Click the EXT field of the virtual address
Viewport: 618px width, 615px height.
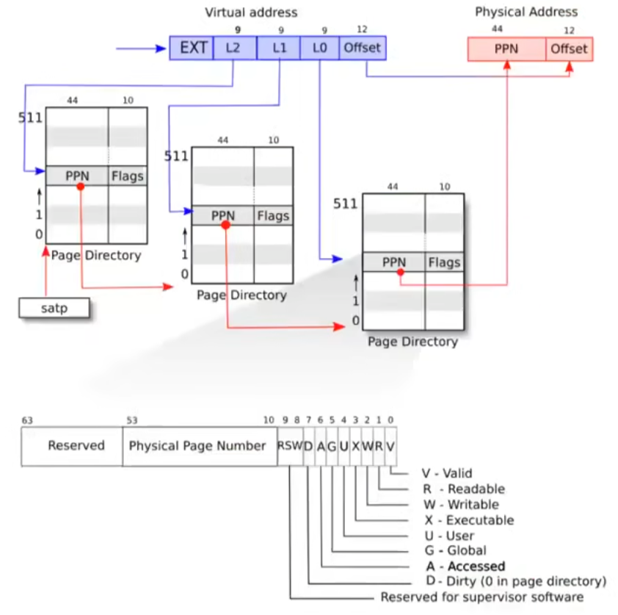click(x=192, y=48)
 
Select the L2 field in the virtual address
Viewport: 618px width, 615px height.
click(x=235, y=48)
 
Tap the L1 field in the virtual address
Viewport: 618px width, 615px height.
click(x=278, y=48)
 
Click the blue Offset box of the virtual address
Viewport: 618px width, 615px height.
click(x=363, y=48)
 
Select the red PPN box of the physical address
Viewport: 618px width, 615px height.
click(x=506, y=49)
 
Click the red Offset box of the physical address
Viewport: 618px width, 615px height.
click(x=569, y=49)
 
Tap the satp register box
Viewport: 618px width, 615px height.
click(x=54, y=308)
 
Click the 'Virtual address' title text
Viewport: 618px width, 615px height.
click(x=251, y=12)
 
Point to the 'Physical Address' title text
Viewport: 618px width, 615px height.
click(x=526, y=12)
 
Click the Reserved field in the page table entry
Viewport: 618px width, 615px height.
click(x=76, y=446)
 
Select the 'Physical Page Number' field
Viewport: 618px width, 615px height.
click(x=197, y=446)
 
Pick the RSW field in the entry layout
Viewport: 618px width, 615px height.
click(x=289, y=446)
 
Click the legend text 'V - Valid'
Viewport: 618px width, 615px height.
click(x=447, y=474)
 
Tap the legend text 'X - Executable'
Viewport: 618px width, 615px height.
click(x=469, y=520)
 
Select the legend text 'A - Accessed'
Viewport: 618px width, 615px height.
click(x=465, y=567)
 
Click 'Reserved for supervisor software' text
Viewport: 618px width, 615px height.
click(x=482, y=597)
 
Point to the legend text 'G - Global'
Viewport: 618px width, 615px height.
click(x=455, y=551)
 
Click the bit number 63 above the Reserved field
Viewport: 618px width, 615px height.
click(x=27, y=421)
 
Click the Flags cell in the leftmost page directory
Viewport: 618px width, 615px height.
click(x=127, y=176)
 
